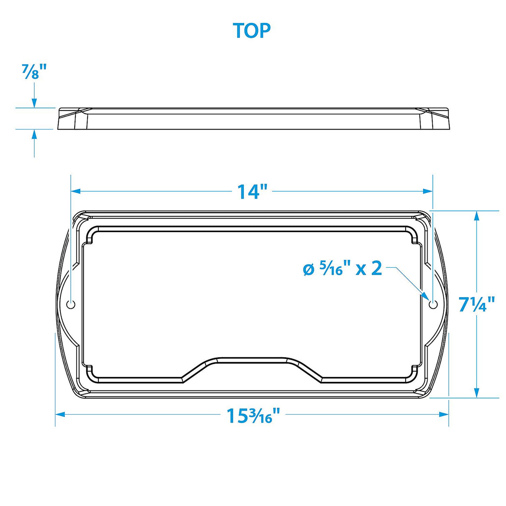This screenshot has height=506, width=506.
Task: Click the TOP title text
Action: (x=252, y=31)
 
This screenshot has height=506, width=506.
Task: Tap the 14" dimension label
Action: (x=252, y=192)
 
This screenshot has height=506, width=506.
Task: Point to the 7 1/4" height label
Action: (x=477, y=304)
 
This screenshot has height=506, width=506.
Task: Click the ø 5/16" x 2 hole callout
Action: (x=342, y=269)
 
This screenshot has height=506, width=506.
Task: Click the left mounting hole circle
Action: (x=71, y=304)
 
